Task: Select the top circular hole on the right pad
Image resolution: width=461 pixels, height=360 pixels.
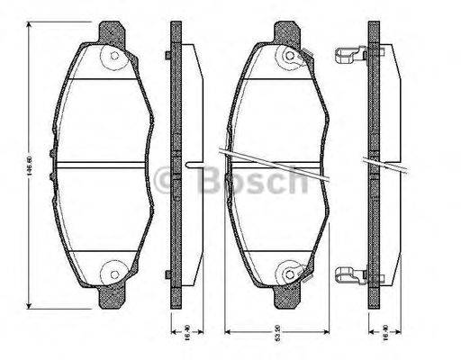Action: (289, 61)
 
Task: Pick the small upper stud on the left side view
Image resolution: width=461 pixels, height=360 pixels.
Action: (168, 58)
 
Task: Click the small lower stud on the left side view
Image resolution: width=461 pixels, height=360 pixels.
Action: (168, 273)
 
